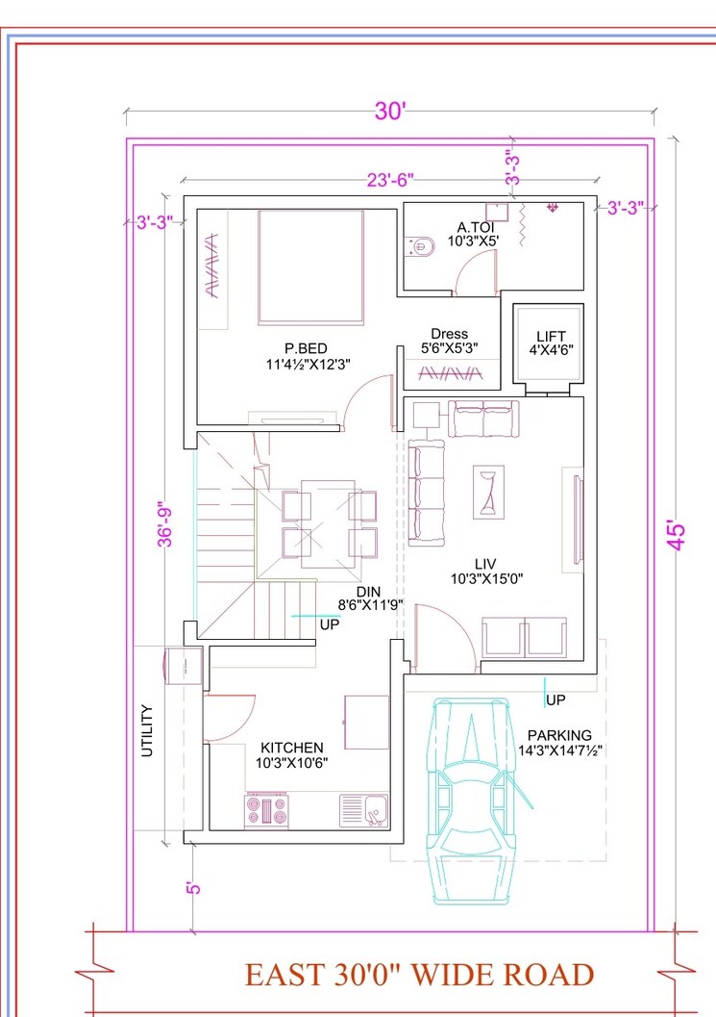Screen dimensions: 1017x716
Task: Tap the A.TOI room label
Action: click(x=475, y=228)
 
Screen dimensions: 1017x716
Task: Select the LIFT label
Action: click(x=551, y=336)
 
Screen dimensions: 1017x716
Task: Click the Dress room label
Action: click(x=449, y=334)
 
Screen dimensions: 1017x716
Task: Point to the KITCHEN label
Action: click(x=292, y=748)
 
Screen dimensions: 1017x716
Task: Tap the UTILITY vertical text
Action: click(x=148, y=731)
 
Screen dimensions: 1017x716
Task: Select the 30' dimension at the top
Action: click(x=391, y=112)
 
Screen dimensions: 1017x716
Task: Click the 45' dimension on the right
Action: click(x=679, y=535)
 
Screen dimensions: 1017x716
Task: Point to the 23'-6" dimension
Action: click(x=389, y=180)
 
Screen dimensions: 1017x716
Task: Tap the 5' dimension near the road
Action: click(x=194, y=887)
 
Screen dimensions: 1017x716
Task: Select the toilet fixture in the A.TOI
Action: click(x=418, y=247)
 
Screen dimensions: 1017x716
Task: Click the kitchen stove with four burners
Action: click(x=266, y=809)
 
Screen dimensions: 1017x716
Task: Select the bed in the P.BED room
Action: click(x=310, y=267)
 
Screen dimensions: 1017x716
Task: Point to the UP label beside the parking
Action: click(x=555, y=699)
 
